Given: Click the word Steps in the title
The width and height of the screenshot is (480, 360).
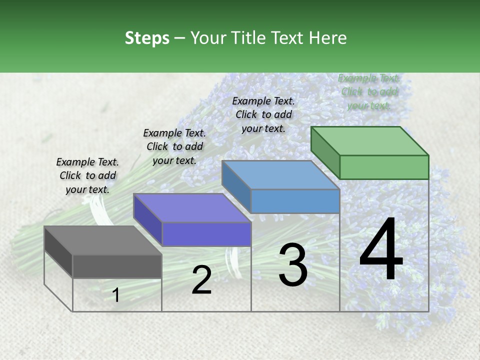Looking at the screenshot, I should (x=147, y=38).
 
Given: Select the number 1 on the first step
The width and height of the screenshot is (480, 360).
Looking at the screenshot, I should (x=116, y=295).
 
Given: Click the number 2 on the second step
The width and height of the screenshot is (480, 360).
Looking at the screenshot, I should (x=201, y=280).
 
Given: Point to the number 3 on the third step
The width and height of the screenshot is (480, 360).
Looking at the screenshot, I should (x=293, y=265).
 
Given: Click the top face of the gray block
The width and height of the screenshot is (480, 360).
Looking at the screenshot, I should (x=102, y=240).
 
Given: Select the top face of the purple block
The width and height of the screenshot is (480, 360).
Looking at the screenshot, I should (x=191, y=208).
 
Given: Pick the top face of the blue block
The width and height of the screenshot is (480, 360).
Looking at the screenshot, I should (x=280, y=175).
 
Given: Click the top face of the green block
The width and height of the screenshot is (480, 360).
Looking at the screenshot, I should (x=369, y=141).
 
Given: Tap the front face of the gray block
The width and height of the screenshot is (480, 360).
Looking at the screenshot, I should (x=117, y=266).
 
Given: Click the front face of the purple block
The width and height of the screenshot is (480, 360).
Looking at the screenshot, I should (x=206, y=234).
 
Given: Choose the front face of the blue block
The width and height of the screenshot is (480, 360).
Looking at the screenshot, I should (x=295, y=201).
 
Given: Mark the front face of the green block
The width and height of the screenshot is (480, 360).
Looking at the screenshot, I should (x=384, y=167).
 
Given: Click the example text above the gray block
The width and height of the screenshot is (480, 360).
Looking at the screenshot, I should (x=87, y=175).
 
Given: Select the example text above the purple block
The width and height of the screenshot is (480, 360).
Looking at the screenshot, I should (x=174, y=146).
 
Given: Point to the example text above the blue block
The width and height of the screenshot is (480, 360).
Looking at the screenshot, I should (x=263, y=114).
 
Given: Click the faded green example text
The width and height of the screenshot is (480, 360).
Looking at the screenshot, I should (x=369, y=91).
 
